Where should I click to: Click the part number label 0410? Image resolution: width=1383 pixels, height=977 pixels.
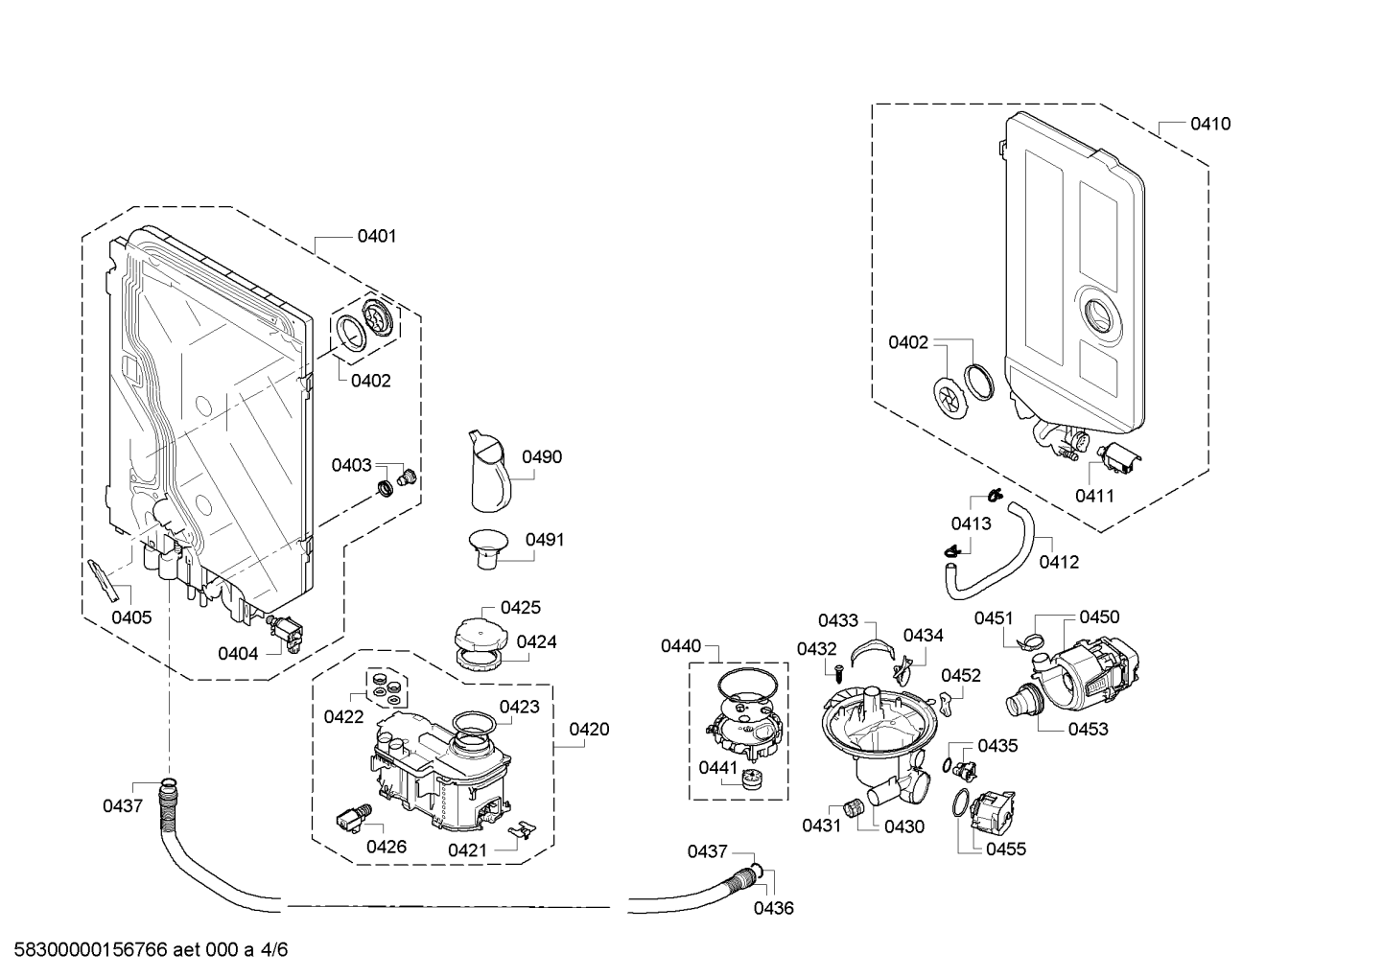1210,124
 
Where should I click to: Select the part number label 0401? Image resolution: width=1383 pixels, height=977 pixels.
377,236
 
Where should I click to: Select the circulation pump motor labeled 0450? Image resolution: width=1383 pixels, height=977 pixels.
1093,671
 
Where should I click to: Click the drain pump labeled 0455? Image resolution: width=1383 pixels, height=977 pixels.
991,815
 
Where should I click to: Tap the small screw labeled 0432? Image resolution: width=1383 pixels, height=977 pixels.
836,672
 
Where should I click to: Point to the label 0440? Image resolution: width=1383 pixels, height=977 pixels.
681,646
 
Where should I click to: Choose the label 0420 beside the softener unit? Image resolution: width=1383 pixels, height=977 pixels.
589,730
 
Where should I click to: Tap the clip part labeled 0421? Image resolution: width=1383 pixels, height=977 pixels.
521,830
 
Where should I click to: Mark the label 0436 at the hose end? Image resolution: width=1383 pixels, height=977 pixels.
773,908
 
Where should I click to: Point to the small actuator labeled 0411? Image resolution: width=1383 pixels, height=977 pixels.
1115,460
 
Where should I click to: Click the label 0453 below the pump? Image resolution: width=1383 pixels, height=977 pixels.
1088,729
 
